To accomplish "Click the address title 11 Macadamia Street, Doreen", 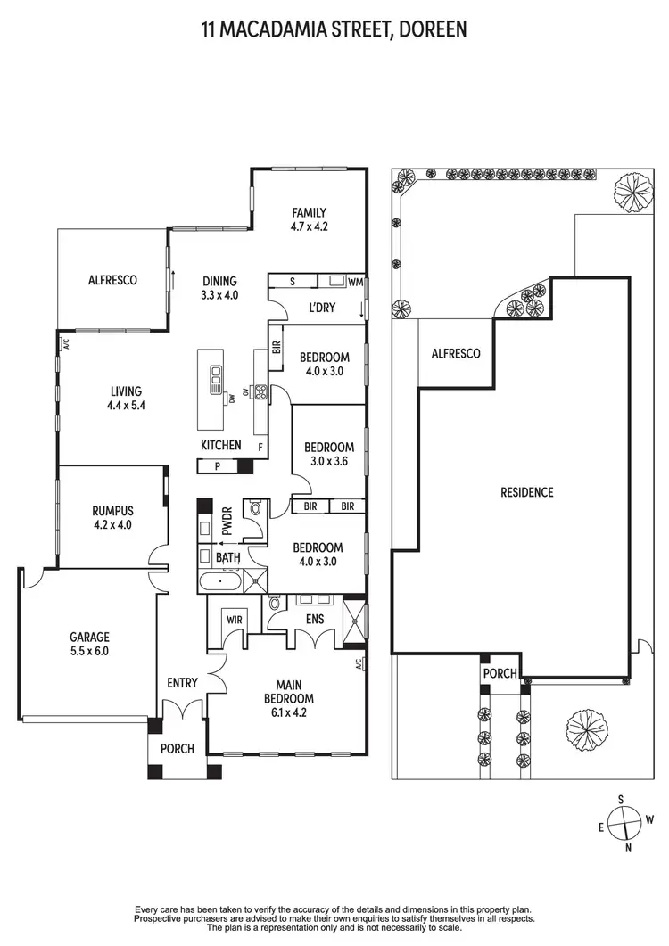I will (x=334, y=30).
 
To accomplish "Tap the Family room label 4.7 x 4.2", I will (x=310, y=219).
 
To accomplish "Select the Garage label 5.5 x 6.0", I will (x=90, y=644).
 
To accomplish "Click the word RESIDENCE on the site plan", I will (x=526, y=492).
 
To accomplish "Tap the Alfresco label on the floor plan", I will (x=112, y=279).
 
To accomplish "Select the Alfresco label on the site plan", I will (x=456, y=354).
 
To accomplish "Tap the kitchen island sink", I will (x=215, y=382).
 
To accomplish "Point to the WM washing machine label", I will (x=354, y=282).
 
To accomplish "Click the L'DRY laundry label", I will (x=320, y=308).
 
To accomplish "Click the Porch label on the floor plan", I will (x=178, y=749).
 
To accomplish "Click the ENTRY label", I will (x=182, y=683).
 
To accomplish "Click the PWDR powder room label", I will (x=227, y=519).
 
